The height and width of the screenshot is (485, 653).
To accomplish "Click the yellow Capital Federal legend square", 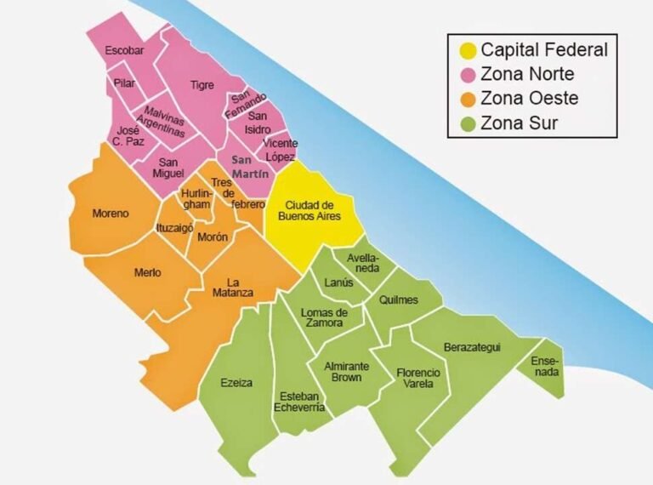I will pos(466,49).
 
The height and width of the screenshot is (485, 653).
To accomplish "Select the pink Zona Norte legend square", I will pos(466,74).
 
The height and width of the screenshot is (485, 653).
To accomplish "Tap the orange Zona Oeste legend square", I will pos(466,99).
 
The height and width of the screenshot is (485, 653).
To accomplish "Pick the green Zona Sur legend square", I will pos(466,123).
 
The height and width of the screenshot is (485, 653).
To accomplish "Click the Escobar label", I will pos(124,51).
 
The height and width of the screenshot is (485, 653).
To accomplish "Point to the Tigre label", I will pos(202,85).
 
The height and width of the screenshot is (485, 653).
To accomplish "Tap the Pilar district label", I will pos(124,83).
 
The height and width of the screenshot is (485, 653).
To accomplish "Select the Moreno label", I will pos(111,214).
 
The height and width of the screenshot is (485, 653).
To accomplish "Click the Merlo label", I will pos(148,272).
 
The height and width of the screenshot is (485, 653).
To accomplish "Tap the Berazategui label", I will pos(472,347).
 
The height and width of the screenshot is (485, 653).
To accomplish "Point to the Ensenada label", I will pos(545,367).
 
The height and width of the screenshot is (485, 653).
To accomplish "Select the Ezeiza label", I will pos(236,382).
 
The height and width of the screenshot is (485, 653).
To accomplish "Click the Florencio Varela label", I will pos(418,379).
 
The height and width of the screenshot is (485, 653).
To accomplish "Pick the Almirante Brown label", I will pos(346,371).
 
